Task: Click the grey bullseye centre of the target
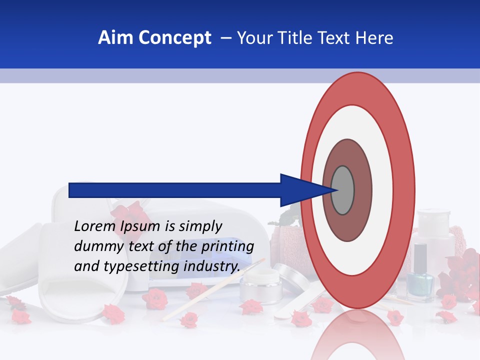342,190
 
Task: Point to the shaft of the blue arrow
175,190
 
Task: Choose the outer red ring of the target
402,190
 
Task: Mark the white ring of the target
382,190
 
